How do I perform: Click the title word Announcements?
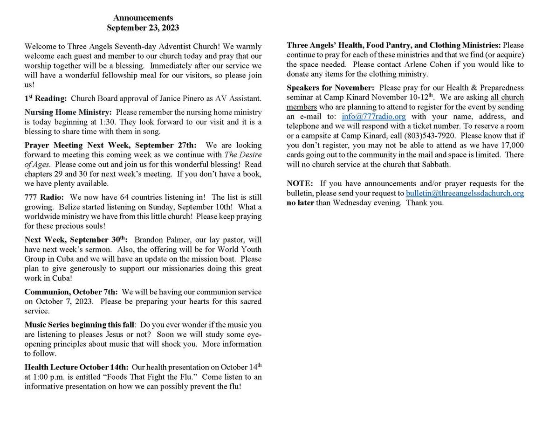click(x=143, y=18)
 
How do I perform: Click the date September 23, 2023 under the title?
click(x=143, y=28)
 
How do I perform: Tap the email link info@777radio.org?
click(x=373, y=117)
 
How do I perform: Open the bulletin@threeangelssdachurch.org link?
click(x=465, y=193)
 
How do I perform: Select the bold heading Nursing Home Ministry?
click(x=68, y=112)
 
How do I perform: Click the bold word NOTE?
click(x=300, y=183)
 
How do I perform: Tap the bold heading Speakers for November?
click(x=330, y=88)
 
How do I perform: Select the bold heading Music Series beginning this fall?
click(x=79, y=324)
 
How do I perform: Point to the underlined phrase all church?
click(x=507, y=98)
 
